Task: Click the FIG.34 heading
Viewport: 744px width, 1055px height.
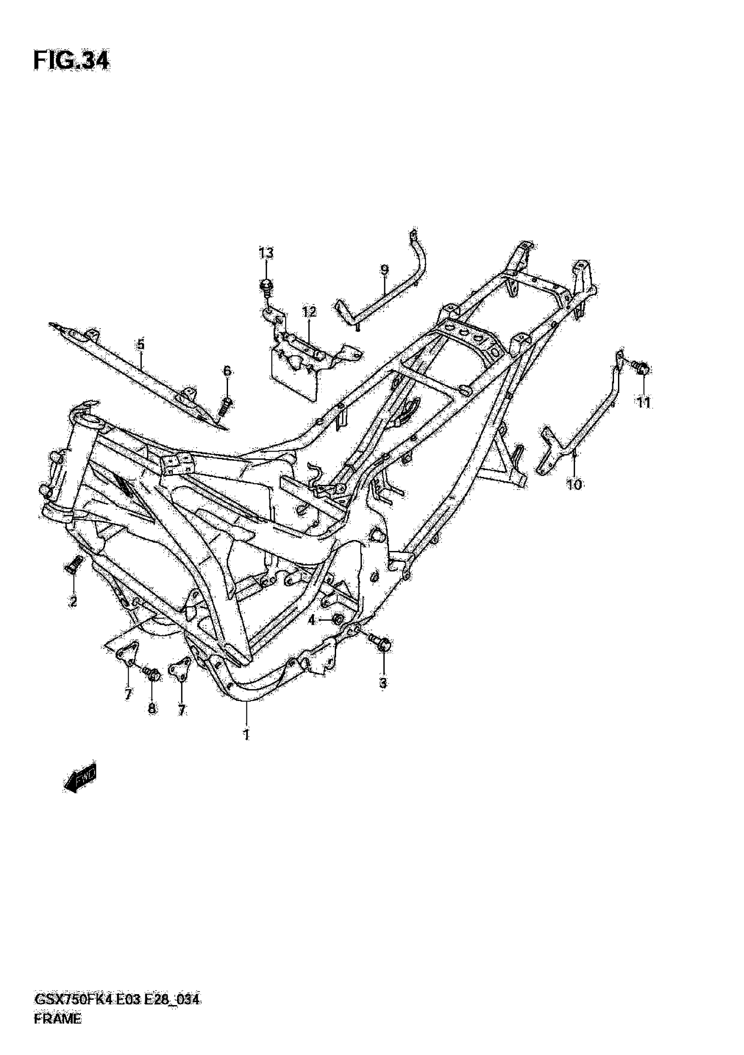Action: (71, 61)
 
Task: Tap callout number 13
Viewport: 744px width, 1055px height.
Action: (266, 253)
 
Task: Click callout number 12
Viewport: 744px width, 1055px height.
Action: (309, 312)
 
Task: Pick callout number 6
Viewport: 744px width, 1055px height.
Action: (227, 371)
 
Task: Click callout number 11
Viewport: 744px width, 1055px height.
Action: (643, 403)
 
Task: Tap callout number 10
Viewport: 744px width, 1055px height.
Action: (574, 484)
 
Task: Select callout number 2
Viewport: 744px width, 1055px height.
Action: (73, 602)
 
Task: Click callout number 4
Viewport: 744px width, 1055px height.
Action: (312, 620)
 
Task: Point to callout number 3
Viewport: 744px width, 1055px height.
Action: (383, 683)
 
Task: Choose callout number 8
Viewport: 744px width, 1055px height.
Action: (152, 709)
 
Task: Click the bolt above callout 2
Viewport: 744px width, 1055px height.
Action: (74, 563)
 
